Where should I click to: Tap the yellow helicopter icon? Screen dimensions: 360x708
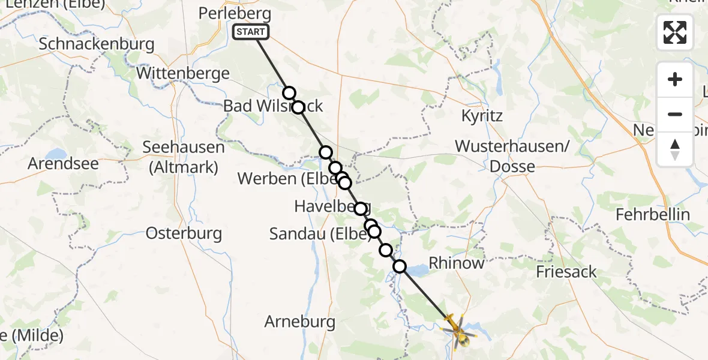point(458,331)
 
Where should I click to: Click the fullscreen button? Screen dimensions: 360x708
point(675,32)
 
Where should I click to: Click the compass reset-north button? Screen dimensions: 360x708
point(675,149)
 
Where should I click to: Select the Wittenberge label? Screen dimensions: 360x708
point(183,74)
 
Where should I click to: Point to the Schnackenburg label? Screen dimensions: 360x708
point(97,44)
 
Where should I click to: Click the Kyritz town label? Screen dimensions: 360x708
point(482,115)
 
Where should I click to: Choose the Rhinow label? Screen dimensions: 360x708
point(457,263)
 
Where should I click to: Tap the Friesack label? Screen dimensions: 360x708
point(566,272)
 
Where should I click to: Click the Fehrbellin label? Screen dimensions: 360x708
point(662,214)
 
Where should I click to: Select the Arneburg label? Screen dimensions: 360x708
point(300,322)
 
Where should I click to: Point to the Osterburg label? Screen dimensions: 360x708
point(184,233)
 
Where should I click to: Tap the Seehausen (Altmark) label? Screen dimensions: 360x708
point(184,157)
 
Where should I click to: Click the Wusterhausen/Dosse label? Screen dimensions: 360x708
point(512,156)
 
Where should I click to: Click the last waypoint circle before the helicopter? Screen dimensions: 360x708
point(399,266)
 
